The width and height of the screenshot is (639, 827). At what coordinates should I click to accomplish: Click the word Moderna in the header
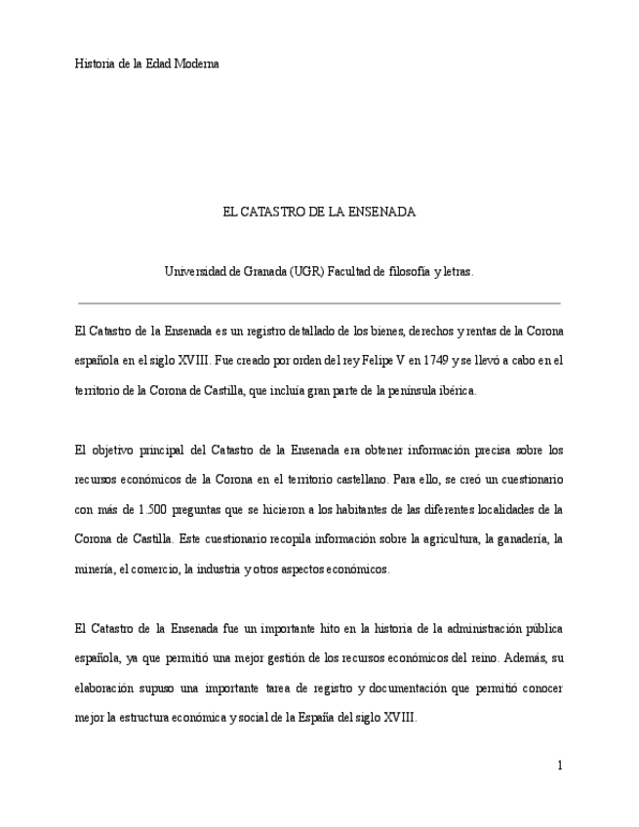[x=197, y=64]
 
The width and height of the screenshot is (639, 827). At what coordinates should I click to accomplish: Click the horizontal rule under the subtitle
[x=319, y=303]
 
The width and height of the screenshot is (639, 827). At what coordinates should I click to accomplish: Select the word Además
[x=522, y=657]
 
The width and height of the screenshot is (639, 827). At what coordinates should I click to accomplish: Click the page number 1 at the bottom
[x=560, y=766]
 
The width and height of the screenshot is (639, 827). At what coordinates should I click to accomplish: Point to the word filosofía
[x=400, y=272]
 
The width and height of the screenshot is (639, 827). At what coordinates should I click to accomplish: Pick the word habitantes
[x=330, y=509]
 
